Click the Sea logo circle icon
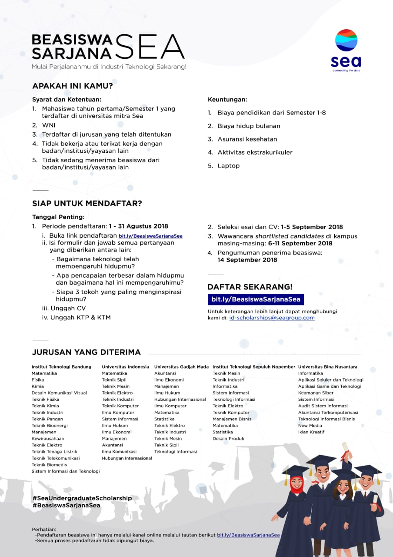click(x=346, y=40)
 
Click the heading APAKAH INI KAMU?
click(x=73, y=86)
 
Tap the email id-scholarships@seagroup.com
click(x=272, y=318)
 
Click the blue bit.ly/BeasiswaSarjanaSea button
click(x=256, y=299)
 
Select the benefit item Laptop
click(x=228, y=166)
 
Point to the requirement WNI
click(x=49, y=125)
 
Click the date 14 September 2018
click(x=247, y=260)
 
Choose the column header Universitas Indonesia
click(x=125, y=367)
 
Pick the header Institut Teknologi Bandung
click(x=61, y=367)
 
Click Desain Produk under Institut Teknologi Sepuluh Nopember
click(x=228, y=439)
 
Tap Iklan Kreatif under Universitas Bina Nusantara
click(x=311, y=432)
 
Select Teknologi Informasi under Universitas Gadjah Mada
click(x=175, y=452)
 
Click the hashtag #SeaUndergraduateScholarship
click(x=82, y=498)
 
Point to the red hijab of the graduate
click(x=295, y=483)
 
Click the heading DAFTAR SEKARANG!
click(x=250, y=287)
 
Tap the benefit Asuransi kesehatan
click(x=247, y=139)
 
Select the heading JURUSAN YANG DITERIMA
click(x=87, y=352)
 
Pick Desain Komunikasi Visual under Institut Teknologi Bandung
click(x=59, y=393)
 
